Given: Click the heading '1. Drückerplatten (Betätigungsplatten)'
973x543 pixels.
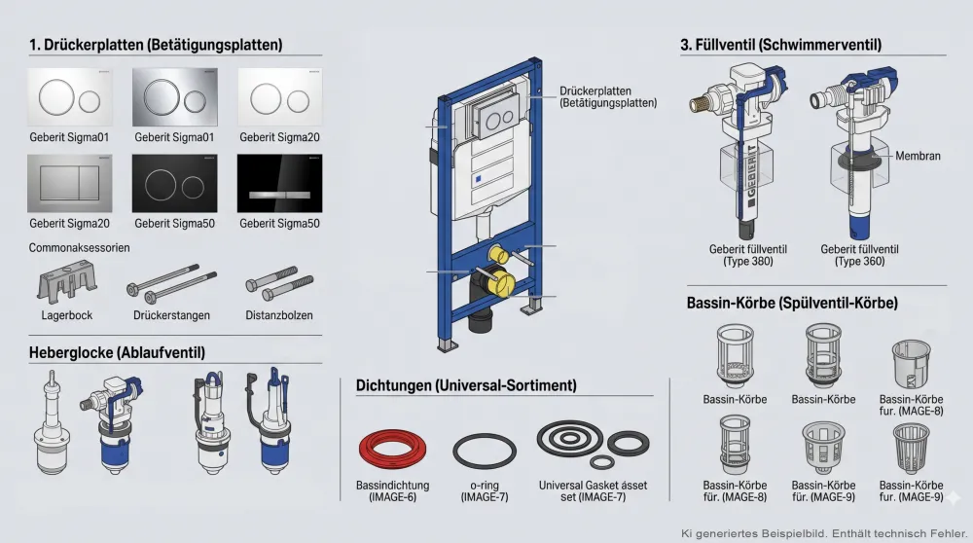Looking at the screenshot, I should pos(156,45).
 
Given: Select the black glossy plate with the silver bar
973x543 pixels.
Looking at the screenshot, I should pos(279,183).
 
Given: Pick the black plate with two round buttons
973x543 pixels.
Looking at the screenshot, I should pos(173,183).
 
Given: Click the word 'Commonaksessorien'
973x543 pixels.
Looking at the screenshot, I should pos(80,248).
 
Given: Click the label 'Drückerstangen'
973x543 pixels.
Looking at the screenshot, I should pos(172,315).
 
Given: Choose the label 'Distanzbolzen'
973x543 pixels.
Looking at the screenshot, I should pos(279,315).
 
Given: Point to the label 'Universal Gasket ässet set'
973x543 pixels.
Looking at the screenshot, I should pos(593,486).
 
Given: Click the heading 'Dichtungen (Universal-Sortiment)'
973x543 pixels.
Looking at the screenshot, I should pos(466,386).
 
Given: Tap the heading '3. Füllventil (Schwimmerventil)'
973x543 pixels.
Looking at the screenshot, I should pos(781,45).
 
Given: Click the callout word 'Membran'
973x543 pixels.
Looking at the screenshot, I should pos(918,156).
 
